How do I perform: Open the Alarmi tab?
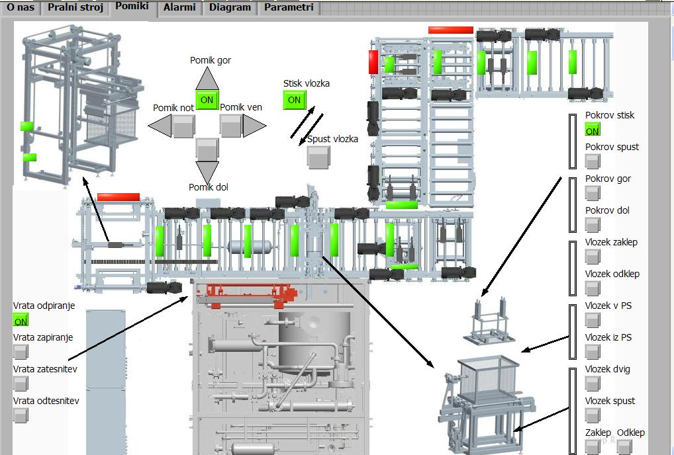coord(179,8)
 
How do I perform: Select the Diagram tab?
coord(230,8)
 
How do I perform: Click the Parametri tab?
coord(288,8)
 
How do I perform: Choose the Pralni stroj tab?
coord(75,8)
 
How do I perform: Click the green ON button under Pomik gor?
coord(207,100)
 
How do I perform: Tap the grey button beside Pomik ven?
coord(230,125)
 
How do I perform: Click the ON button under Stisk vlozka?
coord(294,100)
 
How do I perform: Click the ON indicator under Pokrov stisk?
coord(593,130)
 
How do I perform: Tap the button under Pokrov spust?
coord(593,161)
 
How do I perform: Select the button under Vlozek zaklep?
coord(593,257)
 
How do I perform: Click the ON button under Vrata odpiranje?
coord(21,320)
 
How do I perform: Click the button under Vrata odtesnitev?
coord(21,415)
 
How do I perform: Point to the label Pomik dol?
coord(209,187)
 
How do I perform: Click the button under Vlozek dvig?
coord(593,384)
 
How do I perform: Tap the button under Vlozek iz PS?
coord(593,352)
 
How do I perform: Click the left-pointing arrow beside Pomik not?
coord(159,125)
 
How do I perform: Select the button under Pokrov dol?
coord(593,225)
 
